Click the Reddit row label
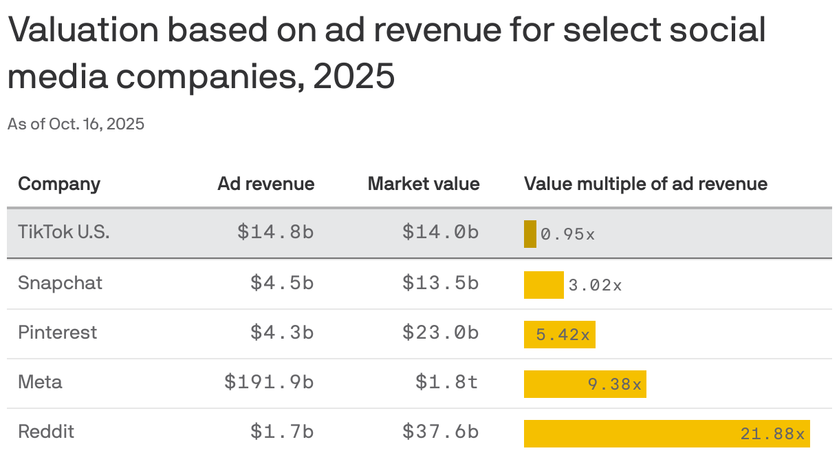pos(45,432)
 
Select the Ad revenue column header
pos(265,184)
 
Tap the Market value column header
pos(423,184)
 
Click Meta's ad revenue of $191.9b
pos(269,382)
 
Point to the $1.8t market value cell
pos(446,382)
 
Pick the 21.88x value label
pos(772,434)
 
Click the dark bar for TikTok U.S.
pos(530,233)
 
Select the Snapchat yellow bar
pos(543,284)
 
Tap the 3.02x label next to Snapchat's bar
pos(595,285)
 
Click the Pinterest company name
pos(58,333)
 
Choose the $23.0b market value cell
pos(440,333)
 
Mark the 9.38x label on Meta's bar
pos(614,384)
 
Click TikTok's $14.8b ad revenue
pos(275,233)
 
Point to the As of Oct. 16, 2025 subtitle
pos(76,125)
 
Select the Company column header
pos(59,184)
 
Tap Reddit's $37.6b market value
pos(440,432)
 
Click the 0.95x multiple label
pos(567,234)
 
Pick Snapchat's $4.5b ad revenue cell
pos(282,283)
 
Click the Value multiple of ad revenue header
pos(645,184)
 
